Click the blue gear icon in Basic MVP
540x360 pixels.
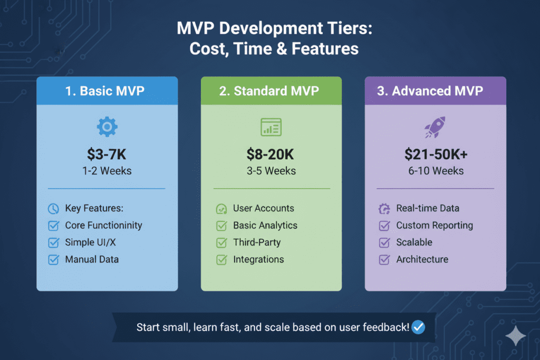[x=107, y=127]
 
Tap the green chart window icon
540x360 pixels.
[x=271, y=127]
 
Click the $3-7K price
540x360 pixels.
[x=107, y=154]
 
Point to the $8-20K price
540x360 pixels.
[x=271, y=154]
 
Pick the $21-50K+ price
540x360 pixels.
[x=435, y=154]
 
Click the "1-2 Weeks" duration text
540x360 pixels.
[x=107, y=171]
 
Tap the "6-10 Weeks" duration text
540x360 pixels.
[x=435, y=171]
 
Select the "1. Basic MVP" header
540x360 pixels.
[x=105, y=91]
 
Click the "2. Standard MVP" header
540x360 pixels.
[x=269, y=91]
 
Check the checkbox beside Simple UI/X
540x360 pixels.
[x=53, y=242]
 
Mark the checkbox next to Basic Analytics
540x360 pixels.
[x=221, y=226]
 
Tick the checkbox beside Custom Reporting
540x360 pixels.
[x=384, y=226]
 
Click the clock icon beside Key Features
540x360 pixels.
[x=53, y=209]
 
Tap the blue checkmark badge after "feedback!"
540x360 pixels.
[x=418, y=327]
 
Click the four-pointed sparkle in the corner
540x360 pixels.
[x=515, y=336]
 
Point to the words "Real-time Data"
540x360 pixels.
[x=428, y=208]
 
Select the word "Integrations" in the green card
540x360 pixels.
[x=258, y=259]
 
